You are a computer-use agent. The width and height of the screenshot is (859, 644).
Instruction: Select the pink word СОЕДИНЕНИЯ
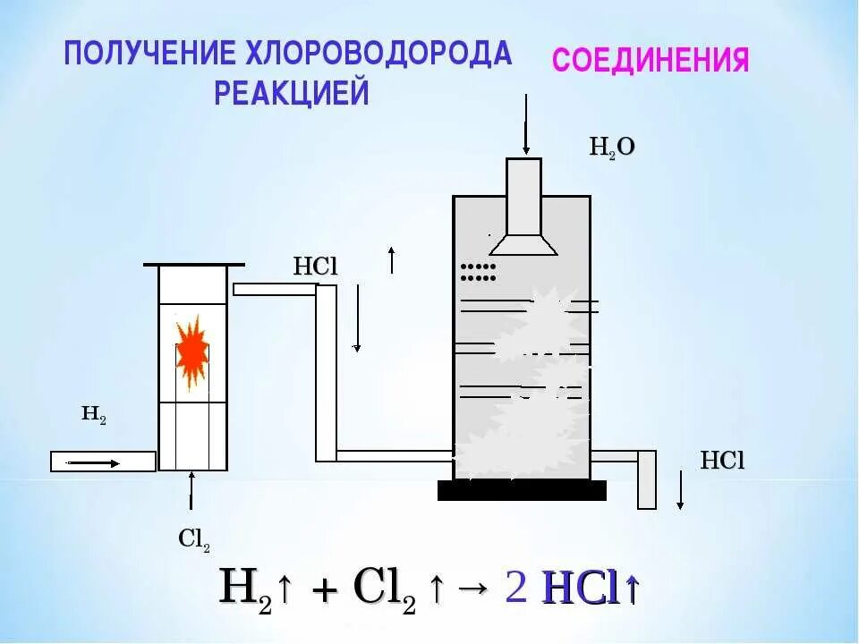coord(651,61)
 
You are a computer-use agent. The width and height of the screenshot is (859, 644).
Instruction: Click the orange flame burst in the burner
coord(191,352)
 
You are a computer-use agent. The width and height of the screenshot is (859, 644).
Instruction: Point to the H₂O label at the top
coord(611,147)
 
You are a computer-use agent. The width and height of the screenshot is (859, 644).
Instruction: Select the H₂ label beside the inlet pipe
coord(94,413)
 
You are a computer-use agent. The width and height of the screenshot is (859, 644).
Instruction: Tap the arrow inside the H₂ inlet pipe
coord(94,462)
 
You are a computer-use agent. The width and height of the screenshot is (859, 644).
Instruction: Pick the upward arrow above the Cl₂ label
coord(191,492)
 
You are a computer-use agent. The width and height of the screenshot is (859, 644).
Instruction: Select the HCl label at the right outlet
coord(722,461)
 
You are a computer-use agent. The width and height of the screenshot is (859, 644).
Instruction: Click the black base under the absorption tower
coord(522,490)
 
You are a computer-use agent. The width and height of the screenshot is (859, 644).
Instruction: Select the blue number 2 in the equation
coord(515,588)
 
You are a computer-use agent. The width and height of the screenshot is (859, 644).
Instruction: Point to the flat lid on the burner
coord(193,265)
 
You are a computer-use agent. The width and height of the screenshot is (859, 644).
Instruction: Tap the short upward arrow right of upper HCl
coord(391,260)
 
